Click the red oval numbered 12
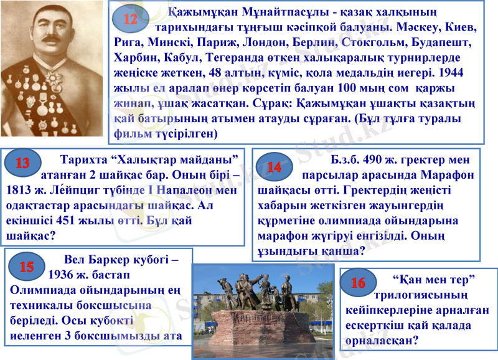pos(130,19)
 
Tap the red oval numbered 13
pos(22,164)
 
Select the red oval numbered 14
pos(273,167)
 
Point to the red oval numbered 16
pos(358,283)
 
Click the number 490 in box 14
pos(375,159)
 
